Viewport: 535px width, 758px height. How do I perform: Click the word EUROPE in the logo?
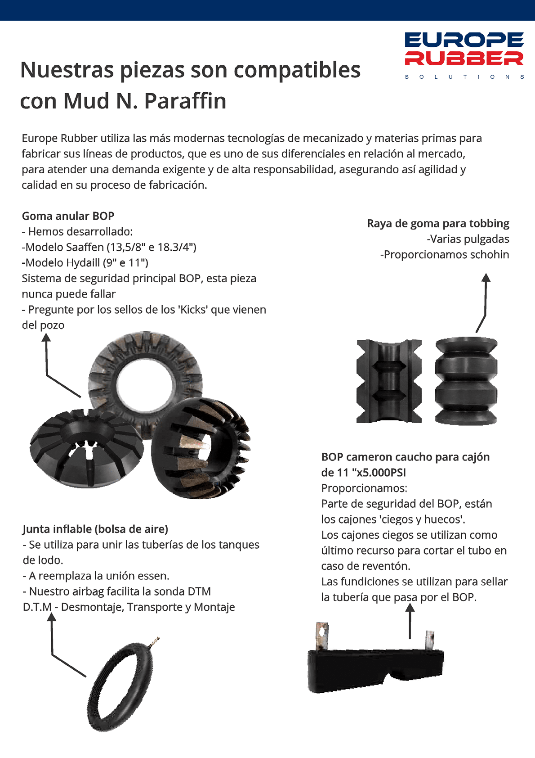[464, 40]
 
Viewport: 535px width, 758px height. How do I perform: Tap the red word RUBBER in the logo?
[464, 59]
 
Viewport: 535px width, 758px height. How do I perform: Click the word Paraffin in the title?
[185, 101]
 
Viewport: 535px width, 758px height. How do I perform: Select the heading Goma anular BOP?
[68, 216]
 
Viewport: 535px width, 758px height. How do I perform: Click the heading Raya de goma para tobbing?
[438, 223]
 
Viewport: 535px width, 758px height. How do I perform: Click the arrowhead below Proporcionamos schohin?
[486, 277]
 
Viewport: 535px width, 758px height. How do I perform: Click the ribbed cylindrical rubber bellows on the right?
[466, 381]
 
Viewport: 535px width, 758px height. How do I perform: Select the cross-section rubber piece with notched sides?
[389, 381]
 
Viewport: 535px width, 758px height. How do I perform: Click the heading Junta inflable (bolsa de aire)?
[95, 529]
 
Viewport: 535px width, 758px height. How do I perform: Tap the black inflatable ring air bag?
[120, 687]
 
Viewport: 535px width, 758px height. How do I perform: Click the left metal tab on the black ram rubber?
[322, 636]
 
